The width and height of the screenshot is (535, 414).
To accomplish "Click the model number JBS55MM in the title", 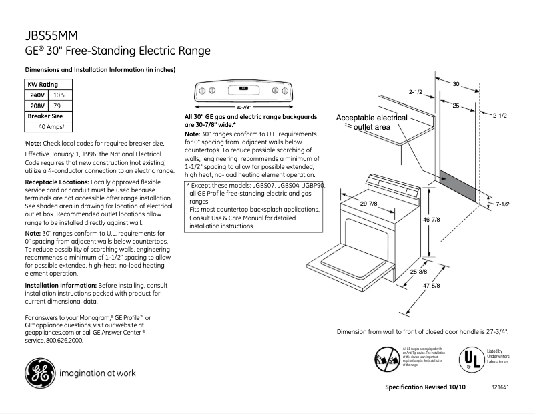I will [50, 37].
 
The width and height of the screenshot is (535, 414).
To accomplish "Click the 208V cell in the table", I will [36, 106].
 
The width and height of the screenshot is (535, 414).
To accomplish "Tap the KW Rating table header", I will [42, 85].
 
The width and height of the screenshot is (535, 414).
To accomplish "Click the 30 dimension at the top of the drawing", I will [456, 84].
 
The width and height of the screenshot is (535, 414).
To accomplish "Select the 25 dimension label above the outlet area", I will [455, 106].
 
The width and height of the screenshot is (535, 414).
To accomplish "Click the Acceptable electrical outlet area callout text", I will [371, 122].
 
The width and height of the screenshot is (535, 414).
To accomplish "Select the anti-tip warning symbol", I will [387, 359].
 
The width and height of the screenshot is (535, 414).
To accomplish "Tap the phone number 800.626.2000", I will [64, 340].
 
